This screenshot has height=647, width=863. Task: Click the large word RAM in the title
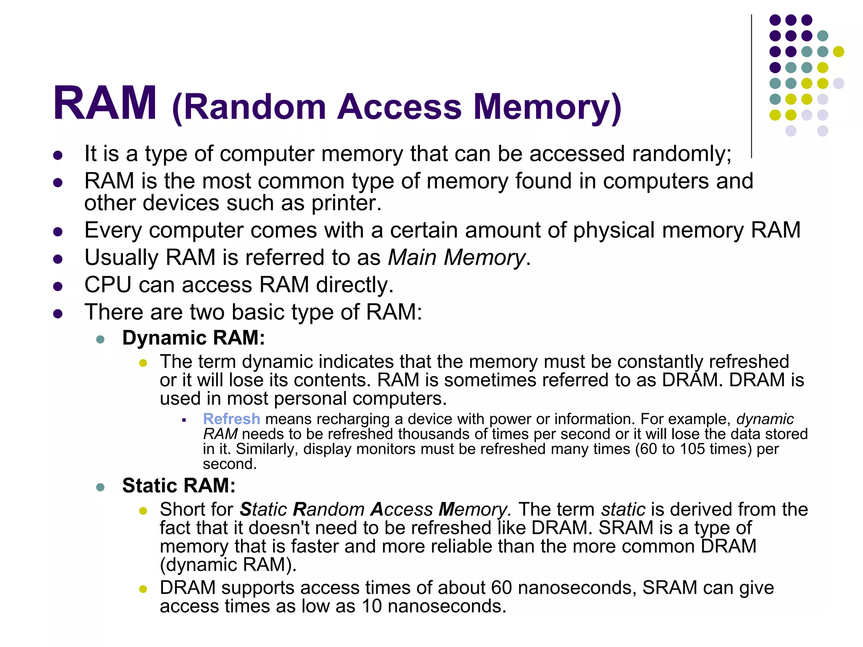point(105,104)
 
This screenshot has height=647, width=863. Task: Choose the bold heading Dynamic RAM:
point(193,338)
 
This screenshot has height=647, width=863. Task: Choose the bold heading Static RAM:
point(179,486)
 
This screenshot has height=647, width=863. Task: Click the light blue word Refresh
point(231,419)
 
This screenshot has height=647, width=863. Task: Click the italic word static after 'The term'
point(623,510)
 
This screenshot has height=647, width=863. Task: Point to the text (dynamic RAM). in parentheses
point(228,565)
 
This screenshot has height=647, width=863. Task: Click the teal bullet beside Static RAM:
point(100,487)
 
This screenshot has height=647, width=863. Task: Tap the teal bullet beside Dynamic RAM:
point(100,340)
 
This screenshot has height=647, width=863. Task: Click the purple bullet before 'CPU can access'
point(58,287)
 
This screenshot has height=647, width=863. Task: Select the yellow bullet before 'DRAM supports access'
point(143,589)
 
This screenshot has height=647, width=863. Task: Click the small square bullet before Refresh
point(184,420)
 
